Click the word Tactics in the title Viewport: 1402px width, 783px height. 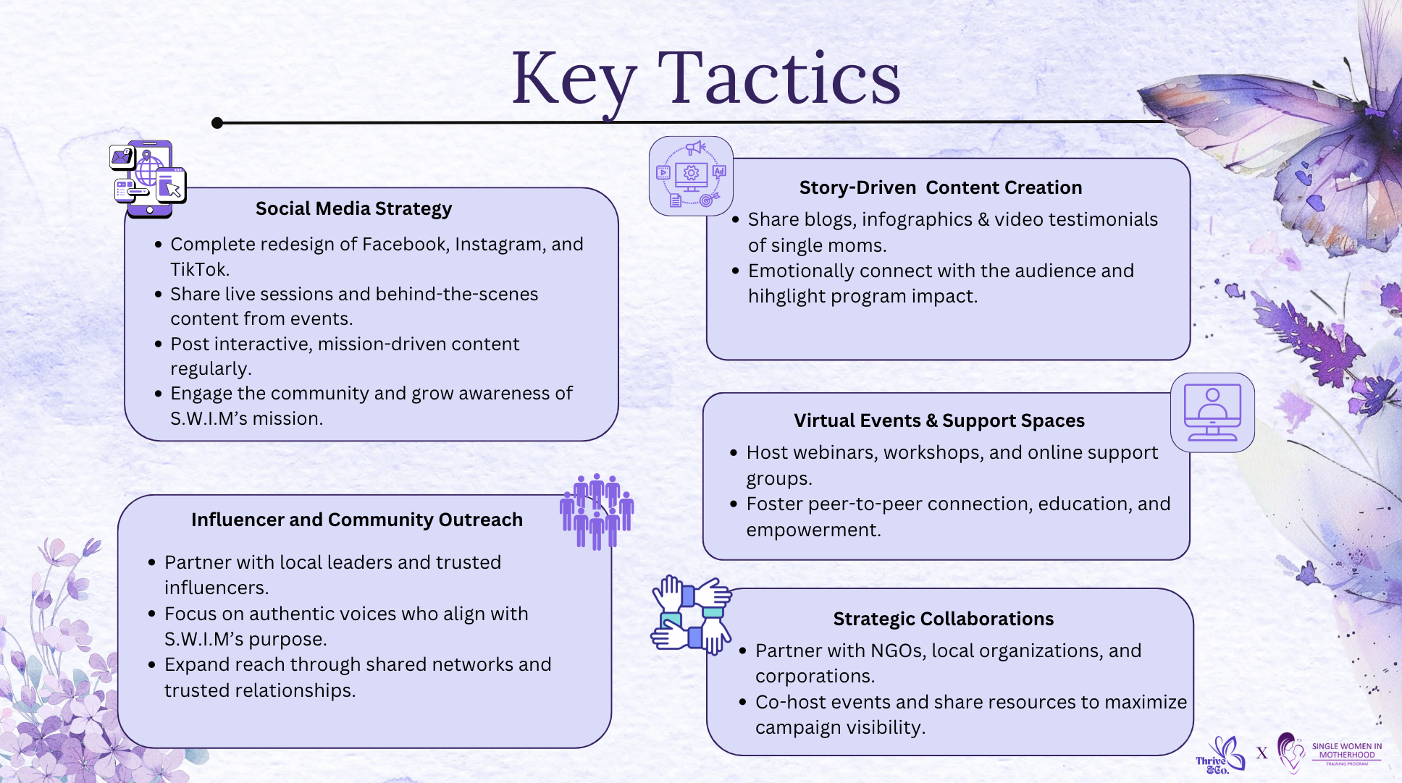tap(779, 78)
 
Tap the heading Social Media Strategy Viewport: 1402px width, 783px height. tap(353, 208)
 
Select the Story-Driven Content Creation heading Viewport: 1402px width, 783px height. tap(940, 187)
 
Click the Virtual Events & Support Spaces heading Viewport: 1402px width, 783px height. tap(939, 420)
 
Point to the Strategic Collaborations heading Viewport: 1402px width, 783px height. tap(943, 619)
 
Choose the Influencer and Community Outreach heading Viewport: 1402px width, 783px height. tap(356, 520)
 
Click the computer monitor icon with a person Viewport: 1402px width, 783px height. tap(1212, 412)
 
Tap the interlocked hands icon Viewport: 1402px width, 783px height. tap(691, 615)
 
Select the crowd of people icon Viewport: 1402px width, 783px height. tap(597, 511)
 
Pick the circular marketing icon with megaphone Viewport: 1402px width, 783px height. tap(691, 176)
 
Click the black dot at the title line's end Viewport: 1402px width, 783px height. tap(217, 123)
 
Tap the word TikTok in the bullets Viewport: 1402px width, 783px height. tap(199, 269)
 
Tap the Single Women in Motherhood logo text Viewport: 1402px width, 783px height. tap(1346, 751)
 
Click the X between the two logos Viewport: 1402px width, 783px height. tap(1262, 753)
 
